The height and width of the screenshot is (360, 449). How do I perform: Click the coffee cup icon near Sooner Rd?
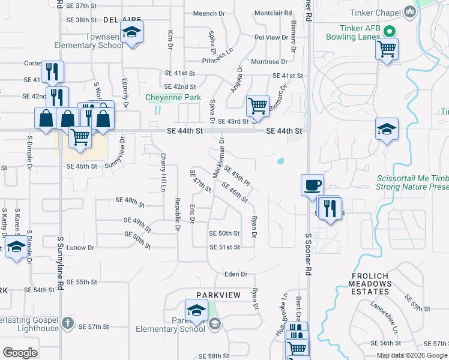click(312, 185)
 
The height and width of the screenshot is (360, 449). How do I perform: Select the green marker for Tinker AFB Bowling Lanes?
click(388, 31)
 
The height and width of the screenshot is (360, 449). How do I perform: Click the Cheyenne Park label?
click(165, 97)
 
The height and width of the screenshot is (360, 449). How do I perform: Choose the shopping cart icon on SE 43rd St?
click(258, 106)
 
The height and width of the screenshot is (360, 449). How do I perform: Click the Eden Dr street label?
click(236, 274)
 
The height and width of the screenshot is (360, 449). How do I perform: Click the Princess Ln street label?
click(217, 56)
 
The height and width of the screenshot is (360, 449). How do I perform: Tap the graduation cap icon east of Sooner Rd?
click(387, 129)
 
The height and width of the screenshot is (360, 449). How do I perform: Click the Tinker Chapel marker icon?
click(411, 11)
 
